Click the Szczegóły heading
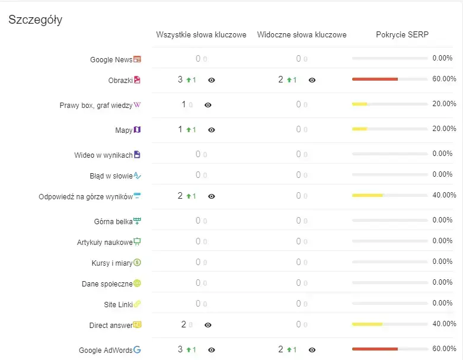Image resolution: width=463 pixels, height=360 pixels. pyautogui.click(x=36, y=20)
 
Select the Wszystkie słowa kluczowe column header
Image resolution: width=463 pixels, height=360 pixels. pyautogui.click(x=201, y=35)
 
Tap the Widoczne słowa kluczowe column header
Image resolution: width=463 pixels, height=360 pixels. pyautogui.click(x=302, y=35)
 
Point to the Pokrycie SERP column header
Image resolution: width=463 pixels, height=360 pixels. pyautogui.click(x=402, y=35)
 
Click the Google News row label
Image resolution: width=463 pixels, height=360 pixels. pyautogui.click(x=111, y=59)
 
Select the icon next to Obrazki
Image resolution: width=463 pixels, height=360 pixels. pyautogui.click(x=137, y=79)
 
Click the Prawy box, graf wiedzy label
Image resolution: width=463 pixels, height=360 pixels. pyautogui.click(x=96, y=105)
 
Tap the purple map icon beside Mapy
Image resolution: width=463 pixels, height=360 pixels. pyautogui.click(x=137, y=129)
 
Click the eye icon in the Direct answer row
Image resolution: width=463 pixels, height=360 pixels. pyautogui.click(x=208, y=325)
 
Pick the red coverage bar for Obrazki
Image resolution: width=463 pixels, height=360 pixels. pyautogui.click(x=374, y=79)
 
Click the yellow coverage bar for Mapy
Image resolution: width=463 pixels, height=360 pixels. pyautogui.click(x=359, y=129)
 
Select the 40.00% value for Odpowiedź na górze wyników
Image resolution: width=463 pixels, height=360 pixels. pyautogui.click(x=444, y=195)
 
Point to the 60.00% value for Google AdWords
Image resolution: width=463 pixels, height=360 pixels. pyautogui.click(x=444, y=349)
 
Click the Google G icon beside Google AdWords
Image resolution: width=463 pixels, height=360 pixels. pyautogui.click(x=137, y=350)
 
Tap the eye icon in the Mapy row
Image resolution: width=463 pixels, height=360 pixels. pyautogui.click(x=212, y=130)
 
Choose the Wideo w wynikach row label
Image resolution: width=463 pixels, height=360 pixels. pyautogui.click(x=103, y=155)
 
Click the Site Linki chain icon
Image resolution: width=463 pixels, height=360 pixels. pyautogui.click(x=137, y=304)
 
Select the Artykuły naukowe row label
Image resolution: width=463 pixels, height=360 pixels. pyautogui.click(x=104, y=242)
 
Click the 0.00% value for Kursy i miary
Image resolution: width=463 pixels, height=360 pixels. pyautogui.click(x=442, y=262)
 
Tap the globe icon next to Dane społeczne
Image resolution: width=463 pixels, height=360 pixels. pyautogui.click(x=137, y=283)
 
